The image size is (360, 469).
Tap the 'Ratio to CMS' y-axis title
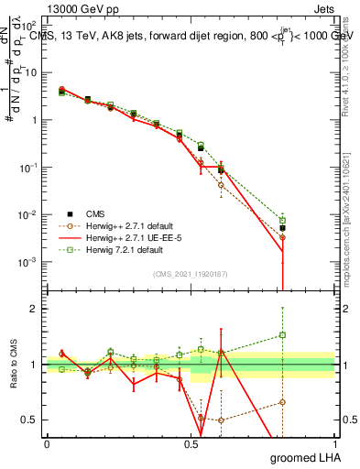(x=13, y=365)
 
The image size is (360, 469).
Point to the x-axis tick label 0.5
(x=191, y=444)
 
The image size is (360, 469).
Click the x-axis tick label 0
(x=47, y=444)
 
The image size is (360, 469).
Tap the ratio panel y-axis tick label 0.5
(x=30, y=420)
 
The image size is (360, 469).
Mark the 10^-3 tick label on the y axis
(x=27, y=263)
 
